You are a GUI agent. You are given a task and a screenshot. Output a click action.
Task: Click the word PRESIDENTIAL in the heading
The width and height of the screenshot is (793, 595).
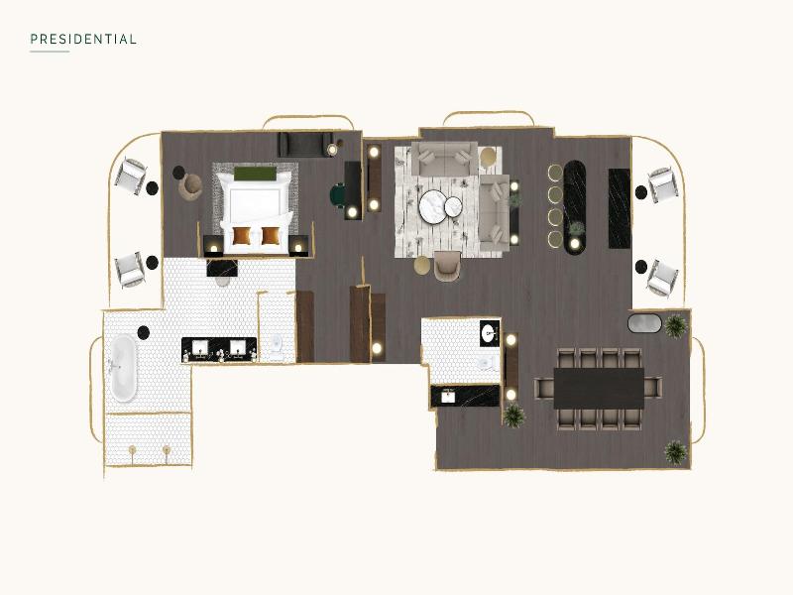tap(83, 40)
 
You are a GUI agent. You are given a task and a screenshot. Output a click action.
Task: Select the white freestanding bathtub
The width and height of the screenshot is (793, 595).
tap(124, 368)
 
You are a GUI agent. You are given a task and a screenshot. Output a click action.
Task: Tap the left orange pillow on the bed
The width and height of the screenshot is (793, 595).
tap(242, 235)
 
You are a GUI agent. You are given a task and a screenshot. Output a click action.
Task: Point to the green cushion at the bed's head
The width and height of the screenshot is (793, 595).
tap(255, 174)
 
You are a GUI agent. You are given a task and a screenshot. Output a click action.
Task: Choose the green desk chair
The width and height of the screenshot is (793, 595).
tap(337, 195)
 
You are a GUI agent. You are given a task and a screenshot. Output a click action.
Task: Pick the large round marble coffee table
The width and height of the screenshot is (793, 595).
tap(433, 206)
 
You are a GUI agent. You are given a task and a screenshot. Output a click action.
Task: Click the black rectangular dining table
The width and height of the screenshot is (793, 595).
tap(599, 388)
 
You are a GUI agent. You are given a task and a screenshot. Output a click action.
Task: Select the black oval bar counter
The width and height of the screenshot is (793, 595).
tap(575, 205)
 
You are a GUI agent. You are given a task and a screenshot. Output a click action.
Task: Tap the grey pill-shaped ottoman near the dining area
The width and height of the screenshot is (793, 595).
tap(644, 323)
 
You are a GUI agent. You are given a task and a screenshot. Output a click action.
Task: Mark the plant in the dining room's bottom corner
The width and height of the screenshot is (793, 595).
tap(676, 452)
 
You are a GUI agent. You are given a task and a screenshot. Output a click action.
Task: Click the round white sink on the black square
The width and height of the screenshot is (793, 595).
tap(489, 333)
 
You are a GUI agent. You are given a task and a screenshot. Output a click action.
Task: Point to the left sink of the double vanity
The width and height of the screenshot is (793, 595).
tap(200, 348)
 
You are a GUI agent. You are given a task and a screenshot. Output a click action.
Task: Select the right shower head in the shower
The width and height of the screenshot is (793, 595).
tap(167, 450)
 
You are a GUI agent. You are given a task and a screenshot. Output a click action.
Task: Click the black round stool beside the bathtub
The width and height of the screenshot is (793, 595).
tap(144, 332)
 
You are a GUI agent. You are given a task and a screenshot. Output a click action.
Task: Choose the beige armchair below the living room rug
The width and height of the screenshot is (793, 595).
tap(447, 265)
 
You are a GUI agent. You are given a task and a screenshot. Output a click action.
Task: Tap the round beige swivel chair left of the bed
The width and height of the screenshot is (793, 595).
tap(190, 186)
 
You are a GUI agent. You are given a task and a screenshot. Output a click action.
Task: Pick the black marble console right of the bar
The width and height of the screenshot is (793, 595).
tap(619, 208)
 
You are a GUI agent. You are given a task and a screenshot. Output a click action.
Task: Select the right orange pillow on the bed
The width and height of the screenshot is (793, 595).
tap(271, 235)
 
